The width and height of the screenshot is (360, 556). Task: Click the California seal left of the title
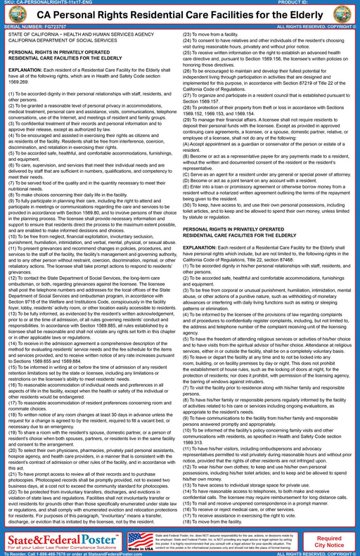(13, 15)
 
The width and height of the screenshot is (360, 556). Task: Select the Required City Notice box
(329, 541)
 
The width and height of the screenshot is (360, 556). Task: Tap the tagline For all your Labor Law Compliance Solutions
(62, 545)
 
